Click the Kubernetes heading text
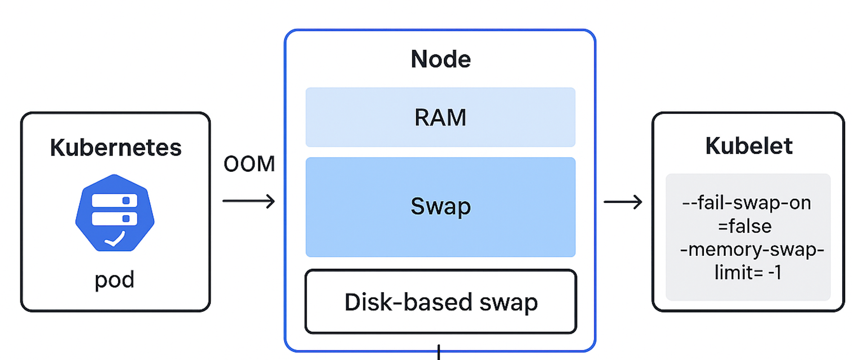115,148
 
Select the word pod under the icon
114,280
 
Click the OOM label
249,164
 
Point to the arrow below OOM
249,201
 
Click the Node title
440,59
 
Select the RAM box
440,117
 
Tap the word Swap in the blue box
440,206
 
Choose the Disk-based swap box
440,302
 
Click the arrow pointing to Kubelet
622,202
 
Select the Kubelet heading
748,146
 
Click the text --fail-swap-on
746,203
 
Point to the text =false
745,226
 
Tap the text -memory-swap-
752,249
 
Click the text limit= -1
748,273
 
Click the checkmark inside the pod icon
115,240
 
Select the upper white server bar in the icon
114,200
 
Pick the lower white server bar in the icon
114,219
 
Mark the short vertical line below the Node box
438,353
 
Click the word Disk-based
408,302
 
